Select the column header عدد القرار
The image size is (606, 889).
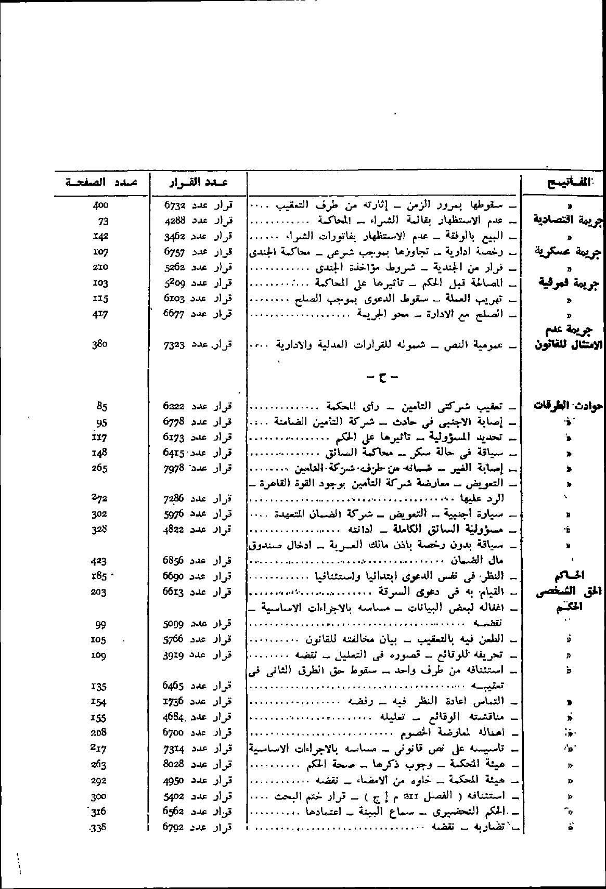(x=198, y=182)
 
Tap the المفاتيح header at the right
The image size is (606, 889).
(x=565, y=182)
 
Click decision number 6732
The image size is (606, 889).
(x=175, y=205)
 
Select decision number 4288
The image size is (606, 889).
(x=175, y=221)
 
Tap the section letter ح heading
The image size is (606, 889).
(x=382, y=377)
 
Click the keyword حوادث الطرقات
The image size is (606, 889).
(x=568, y=406)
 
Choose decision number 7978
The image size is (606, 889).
(x=175, y=468)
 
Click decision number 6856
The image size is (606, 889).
(x=175, y=561)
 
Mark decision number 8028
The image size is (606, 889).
(x=175, y=765)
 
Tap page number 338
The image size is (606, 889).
(x=98, y=827)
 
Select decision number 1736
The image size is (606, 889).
(x=175, y=702)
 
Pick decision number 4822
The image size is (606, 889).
(x=175, y=530)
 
